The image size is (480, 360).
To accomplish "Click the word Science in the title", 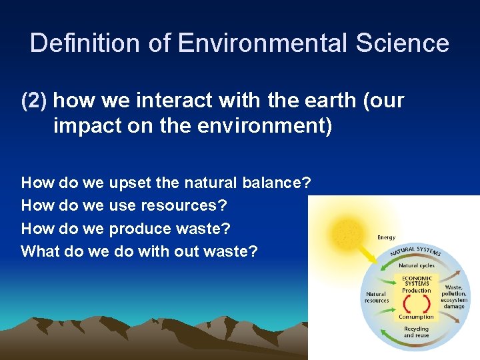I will pos(402,43).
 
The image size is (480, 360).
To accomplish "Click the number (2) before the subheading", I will pos(34,101).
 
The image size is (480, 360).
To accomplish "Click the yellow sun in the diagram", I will pos(346,234).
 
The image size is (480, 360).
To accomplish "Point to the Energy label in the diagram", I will pos(386,237).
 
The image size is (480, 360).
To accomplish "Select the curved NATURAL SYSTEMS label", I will pos(417,251).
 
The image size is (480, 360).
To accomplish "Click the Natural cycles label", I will pos(417,265).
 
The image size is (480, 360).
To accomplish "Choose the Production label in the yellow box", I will pos(417,291).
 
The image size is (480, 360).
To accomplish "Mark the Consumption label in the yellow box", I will pos(417,317).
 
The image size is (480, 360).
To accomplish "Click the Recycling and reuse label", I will pos(417,332).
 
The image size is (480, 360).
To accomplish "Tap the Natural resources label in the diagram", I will pos(377,297).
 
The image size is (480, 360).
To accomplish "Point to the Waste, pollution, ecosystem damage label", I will pos(454,297).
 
